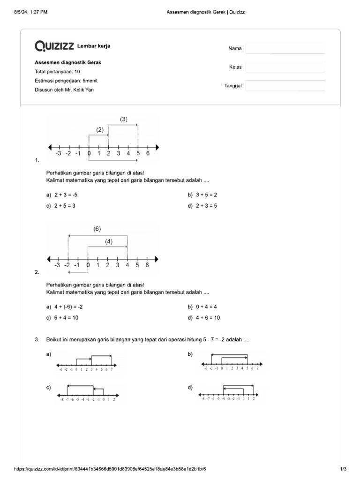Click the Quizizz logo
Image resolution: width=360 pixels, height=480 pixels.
(x=54, y=46)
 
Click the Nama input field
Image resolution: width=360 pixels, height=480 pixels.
(x=285, y=49)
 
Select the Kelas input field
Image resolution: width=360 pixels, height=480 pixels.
(x=285, y=67)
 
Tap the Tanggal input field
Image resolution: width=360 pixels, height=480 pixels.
(x=285, y=86)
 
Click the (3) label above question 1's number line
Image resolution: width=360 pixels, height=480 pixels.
(x=123, y=120)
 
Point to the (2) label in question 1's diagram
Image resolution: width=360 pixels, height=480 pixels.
(x=99, y=130)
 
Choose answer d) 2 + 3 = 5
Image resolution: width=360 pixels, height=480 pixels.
(x=206, y=205)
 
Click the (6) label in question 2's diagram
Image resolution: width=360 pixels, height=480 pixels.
(x=97, y=229)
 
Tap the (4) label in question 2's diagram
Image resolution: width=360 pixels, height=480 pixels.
(x=109, y=241)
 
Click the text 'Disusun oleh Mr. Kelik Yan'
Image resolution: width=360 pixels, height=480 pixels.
(x=64, y=90)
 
